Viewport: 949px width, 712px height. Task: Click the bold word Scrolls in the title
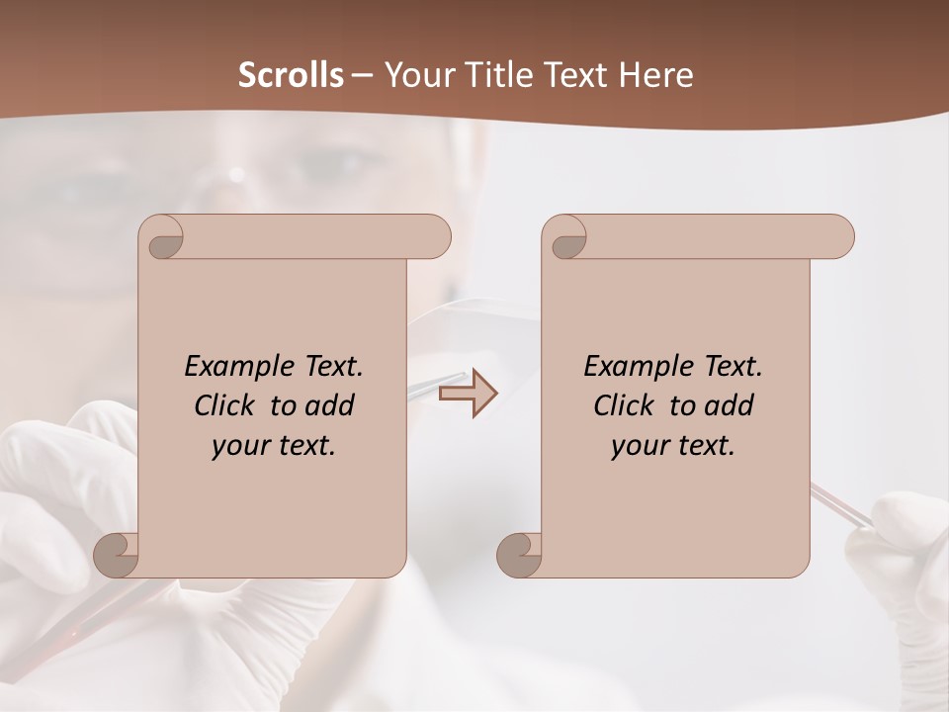point(292,75)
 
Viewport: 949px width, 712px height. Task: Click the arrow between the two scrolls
point(468,394)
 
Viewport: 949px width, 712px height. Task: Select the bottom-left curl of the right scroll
point(521,556)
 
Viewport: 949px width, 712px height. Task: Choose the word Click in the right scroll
point(623,406)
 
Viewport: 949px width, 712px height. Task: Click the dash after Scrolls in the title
point(362,75)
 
